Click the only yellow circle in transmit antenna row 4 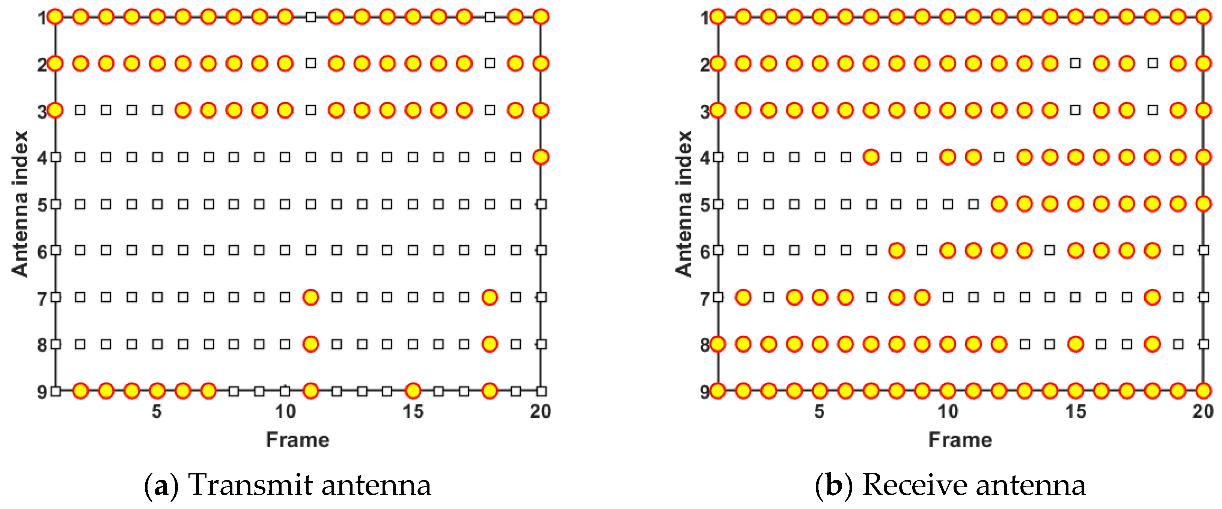[x=541, y=157]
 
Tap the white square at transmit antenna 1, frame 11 [x=311, y=17]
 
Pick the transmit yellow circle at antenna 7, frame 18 [x=490, y=297]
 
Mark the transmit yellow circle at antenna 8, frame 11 [x=311, y=344]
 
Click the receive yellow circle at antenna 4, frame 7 [x=871, y=157]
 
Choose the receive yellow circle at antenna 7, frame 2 [x=743, y=297]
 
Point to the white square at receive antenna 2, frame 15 [x=1076, y=63]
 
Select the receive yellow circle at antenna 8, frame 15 [x=1076, y=344]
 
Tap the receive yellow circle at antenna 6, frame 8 [x=896, y=250]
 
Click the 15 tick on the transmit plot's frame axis [x=413, y=411]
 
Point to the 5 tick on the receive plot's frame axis [x=819, y=411]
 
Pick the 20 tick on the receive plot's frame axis [x=1203, y=411]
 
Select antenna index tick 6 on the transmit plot [x=42, y=252]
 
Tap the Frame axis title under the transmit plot [x=297, y=440]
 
